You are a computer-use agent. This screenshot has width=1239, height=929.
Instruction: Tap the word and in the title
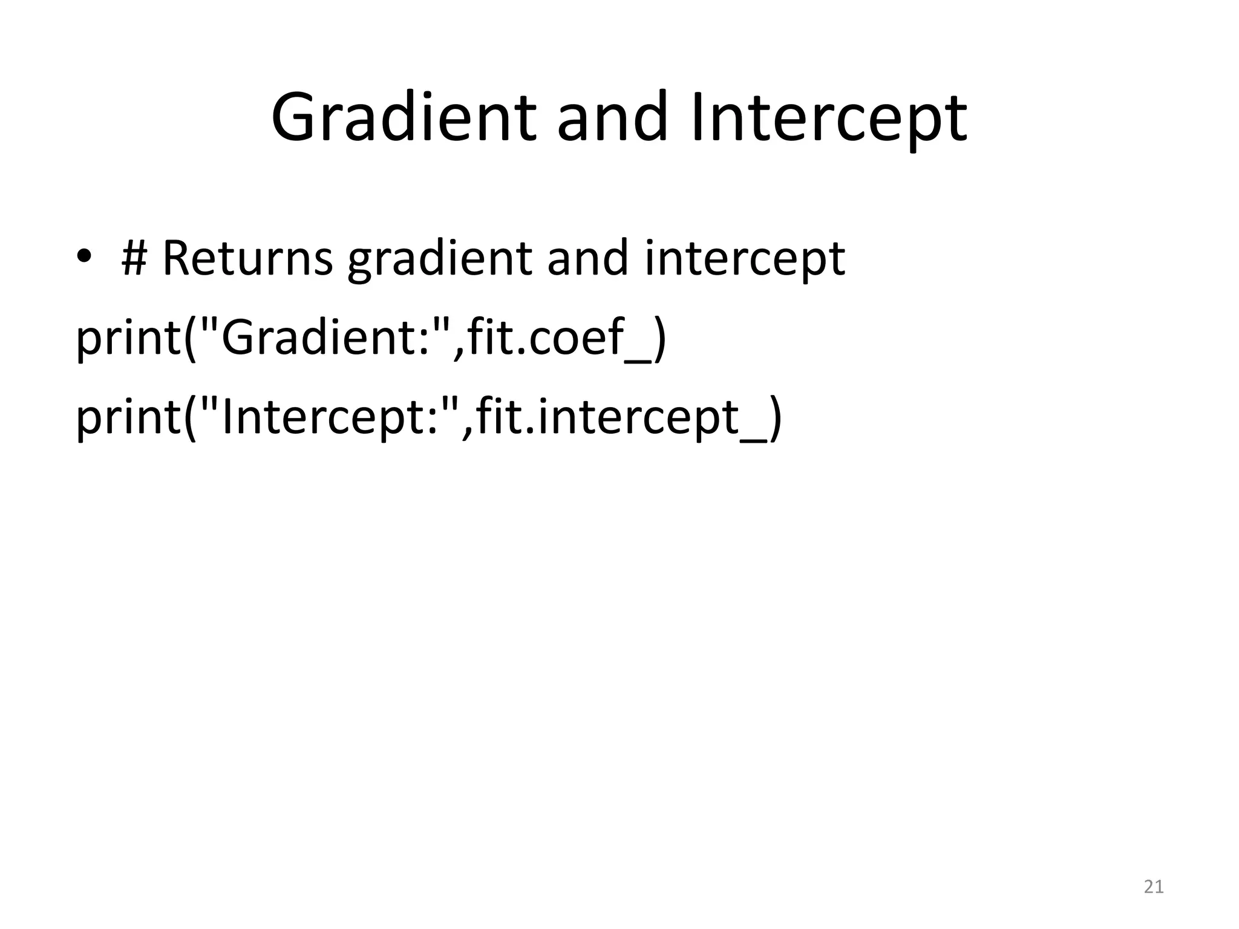pos(613,118)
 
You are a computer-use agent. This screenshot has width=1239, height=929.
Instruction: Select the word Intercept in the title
pos(828,118)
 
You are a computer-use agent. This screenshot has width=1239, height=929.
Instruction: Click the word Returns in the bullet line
pos(247,259)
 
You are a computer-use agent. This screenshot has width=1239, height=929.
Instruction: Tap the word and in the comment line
pos(587,259)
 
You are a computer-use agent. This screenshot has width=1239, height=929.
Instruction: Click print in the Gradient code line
pos(126,339)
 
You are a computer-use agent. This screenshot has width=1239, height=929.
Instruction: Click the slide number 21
pos(1154,887)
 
